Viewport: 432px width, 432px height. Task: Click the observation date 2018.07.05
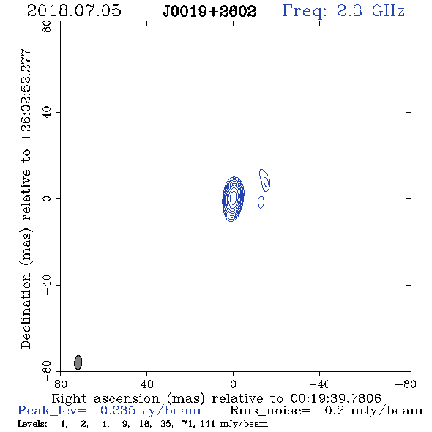point(74,11)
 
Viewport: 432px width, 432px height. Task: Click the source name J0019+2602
point(209,12)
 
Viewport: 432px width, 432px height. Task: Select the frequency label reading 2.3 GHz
point(370,11)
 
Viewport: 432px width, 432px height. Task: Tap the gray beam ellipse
point(78,362)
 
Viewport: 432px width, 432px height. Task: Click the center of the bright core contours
point(233,199)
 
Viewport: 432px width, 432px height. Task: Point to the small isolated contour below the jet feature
point(261,202)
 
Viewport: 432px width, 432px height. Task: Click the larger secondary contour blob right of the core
point(265,180)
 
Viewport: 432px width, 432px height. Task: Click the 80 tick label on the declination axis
point(47,26)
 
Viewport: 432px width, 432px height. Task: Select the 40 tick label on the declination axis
point(47,113)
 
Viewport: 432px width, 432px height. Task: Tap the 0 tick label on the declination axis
point(47,198)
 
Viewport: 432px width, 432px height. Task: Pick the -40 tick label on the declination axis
point(47,285)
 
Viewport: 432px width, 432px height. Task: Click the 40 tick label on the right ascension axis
point(146,384)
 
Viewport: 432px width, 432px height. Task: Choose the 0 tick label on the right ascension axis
point(233,384)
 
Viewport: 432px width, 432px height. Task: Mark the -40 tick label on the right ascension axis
point(319,384)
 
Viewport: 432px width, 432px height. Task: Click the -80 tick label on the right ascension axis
point(406,384)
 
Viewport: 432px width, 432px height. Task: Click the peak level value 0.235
point(118,411)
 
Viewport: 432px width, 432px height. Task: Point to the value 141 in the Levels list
point(208,423)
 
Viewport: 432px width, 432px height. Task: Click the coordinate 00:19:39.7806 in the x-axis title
point(336,398)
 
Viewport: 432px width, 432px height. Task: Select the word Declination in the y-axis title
point(26,310)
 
